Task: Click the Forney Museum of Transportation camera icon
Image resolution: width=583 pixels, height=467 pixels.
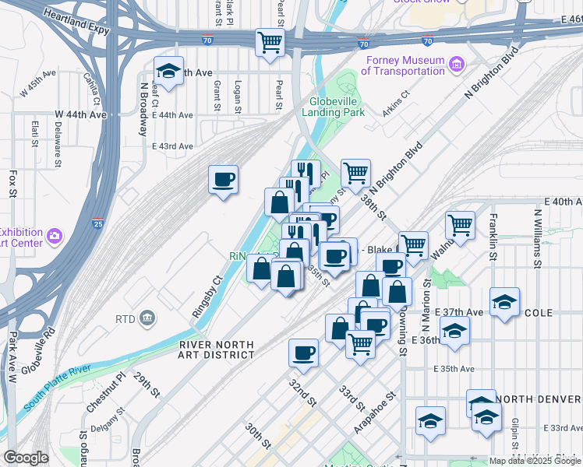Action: (x=458, y=62)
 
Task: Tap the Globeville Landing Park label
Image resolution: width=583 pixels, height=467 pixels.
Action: (x=337, y=107)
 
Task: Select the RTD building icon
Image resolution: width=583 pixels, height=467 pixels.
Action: (x=148, y=318)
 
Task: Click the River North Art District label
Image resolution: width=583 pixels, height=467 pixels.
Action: (x=216, y=349)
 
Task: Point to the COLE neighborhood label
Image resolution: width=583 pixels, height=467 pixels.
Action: (x=540, y=313)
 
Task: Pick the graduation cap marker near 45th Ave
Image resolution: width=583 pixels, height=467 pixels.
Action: (x=168, y=71)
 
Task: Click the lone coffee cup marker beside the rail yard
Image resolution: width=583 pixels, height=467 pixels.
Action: (x=224, y=181)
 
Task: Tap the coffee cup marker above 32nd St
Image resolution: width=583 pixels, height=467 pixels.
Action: (x=303, y=353)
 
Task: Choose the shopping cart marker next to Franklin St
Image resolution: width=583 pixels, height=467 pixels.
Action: (x=461, y=225)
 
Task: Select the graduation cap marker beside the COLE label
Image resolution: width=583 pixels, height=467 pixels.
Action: (x=505, y=302)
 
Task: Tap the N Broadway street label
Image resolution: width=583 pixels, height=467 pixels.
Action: (x=144, y=108)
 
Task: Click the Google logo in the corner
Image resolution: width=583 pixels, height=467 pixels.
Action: (x=26, y=458)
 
